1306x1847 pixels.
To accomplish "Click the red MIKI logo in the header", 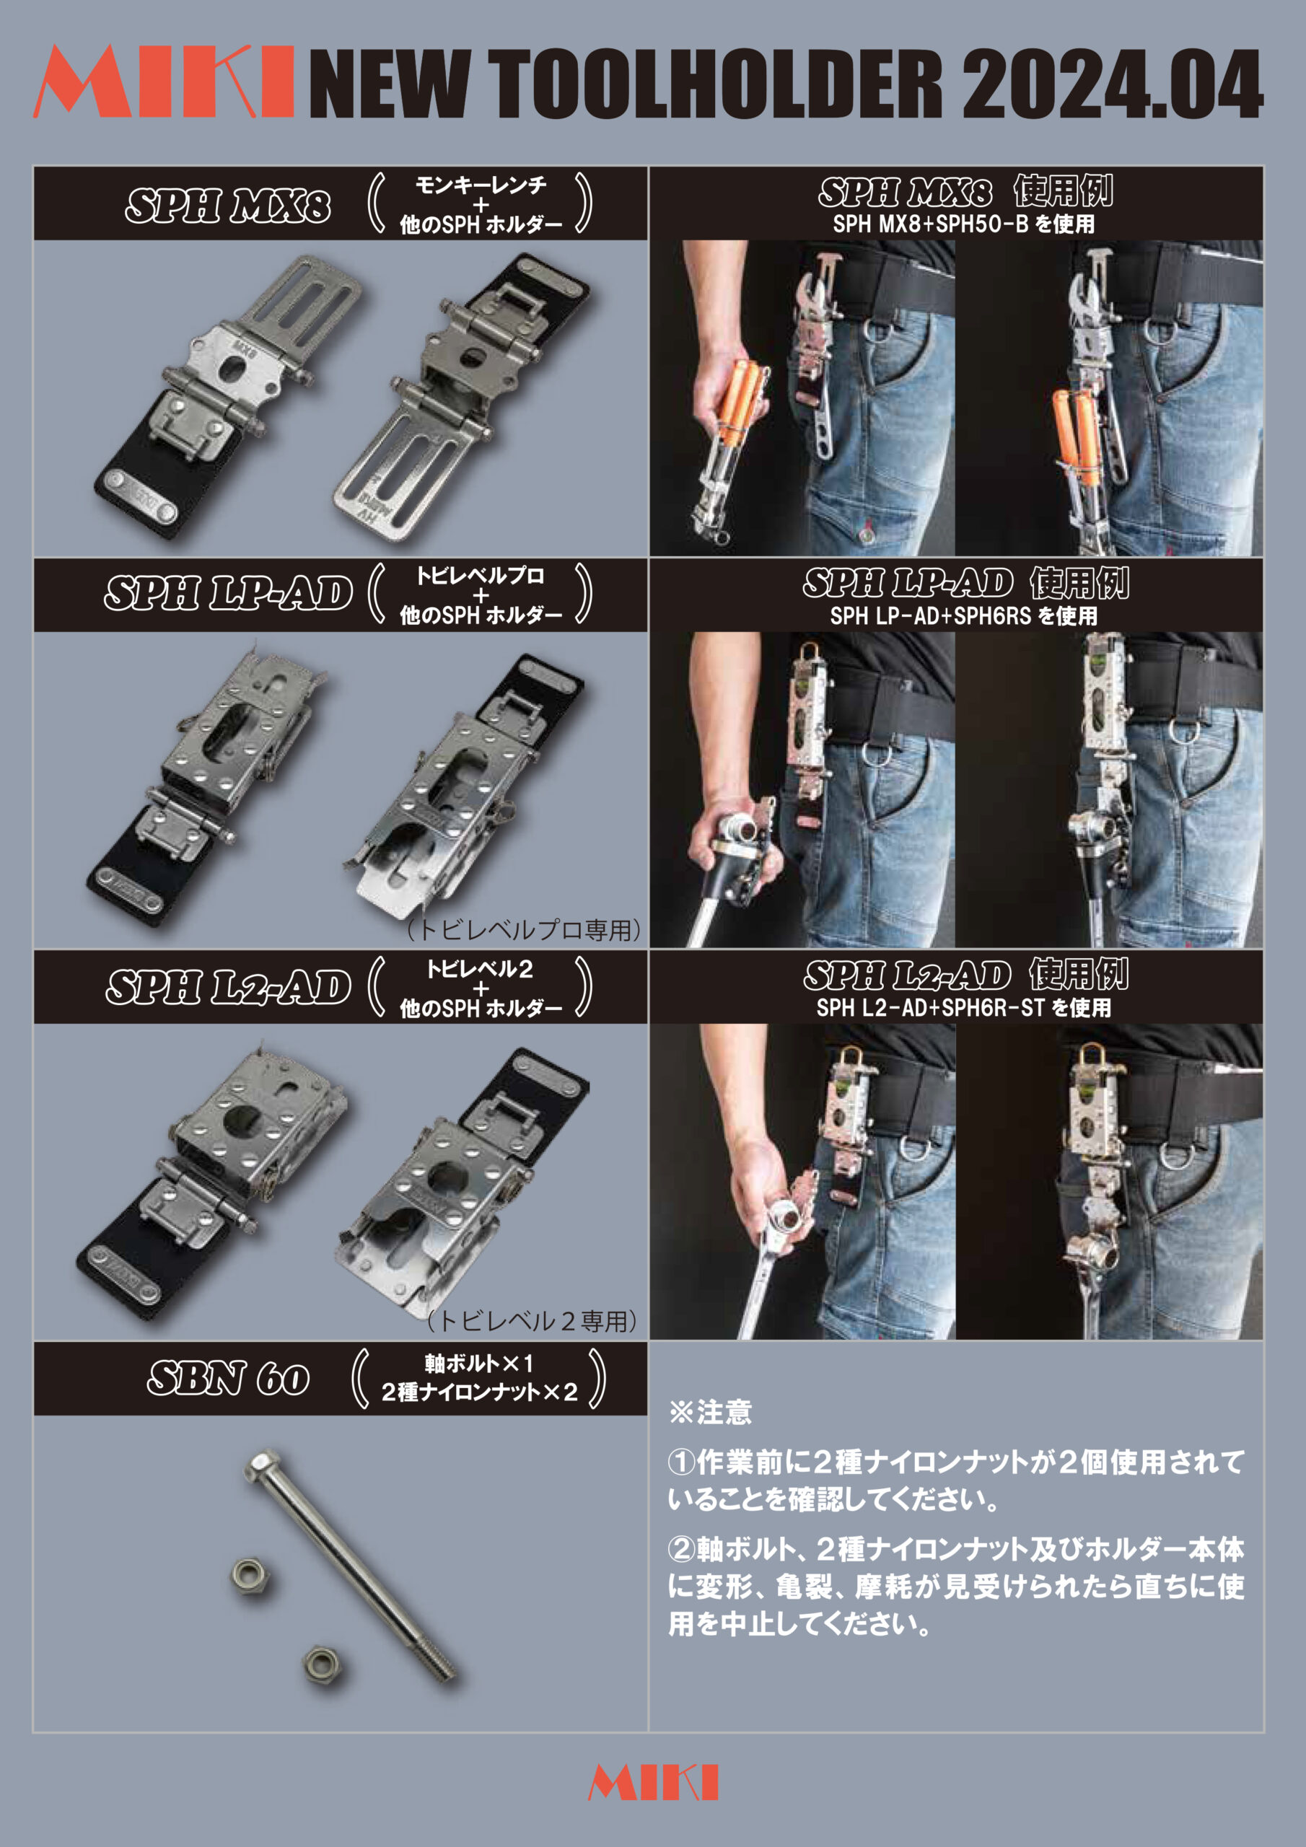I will click(x=163, y=82).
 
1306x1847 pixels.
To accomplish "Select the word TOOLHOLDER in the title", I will click(x=715, y=84).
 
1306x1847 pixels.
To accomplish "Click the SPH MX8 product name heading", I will click(x=228, y=205).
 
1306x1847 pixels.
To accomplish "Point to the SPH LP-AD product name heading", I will click(x=229, y=594).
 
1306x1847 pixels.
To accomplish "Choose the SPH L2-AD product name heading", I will click(x=229, y=987).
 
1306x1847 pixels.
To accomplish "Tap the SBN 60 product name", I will click(x=229, y=1378).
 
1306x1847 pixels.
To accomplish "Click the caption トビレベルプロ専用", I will click(x=524, y=930).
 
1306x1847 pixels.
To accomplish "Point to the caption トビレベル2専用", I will click(x=532, y=1320).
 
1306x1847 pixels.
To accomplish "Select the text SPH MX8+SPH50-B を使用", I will click(x=963, y=224).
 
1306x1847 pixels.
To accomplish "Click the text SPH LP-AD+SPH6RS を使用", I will click(x=963, y=616).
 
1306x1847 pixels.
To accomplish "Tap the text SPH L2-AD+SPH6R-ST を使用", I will click(x=963, y=1008).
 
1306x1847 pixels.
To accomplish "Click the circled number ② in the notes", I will click(x=680, y=1548).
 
